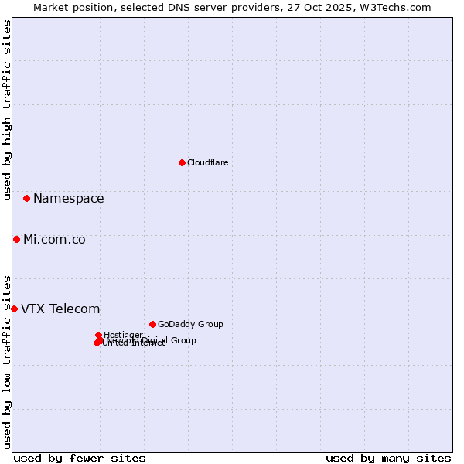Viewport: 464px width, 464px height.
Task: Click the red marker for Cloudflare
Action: pyautogui.click(x=182, y=162)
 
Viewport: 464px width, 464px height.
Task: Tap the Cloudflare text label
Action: pyautogui.click(x=207, y=162)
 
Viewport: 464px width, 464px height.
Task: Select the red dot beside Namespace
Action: pyautogui.click(x=26, y=199)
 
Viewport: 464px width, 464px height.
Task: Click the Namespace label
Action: pyautogui.click(x=68, y=199)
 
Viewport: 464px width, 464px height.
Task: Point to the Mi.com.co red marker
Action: pyautogui.click(x=16, y=240)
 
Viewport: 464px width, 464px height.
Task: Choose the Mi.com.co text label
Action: pyautogui.click(x=54, y=240)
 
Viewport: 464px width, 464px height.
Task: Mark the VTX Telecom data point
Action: pyautogui.click(x=14, y=309)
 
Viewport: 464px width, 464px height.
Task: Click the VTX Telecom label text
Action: pyautogui.click(x=60, y=309)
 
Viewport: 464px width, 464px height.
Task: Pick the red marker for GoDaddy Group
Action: pyautogui.click(x=152, y=324)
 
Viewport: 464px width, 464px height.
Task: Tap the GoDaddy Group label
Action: pyautogui.click(x=190, y=324)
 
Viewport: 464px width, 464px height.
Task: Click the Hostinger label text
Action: pyautogui.click(x=123, y=335)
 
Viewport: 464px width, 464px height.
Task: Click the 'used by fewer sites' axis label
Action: pyautogui.click(x=80, y=458)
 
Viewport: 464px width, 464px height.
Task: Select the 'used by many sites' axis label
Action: pyautogui.click(x=388, y=458)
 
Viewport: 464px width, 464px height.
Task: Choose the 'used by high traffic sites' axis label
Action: pyautogui.click(x=7, y=111)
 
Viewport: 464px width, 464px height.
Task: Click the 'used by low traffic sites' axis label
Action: pyautogui.click(x=7, y=362)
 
